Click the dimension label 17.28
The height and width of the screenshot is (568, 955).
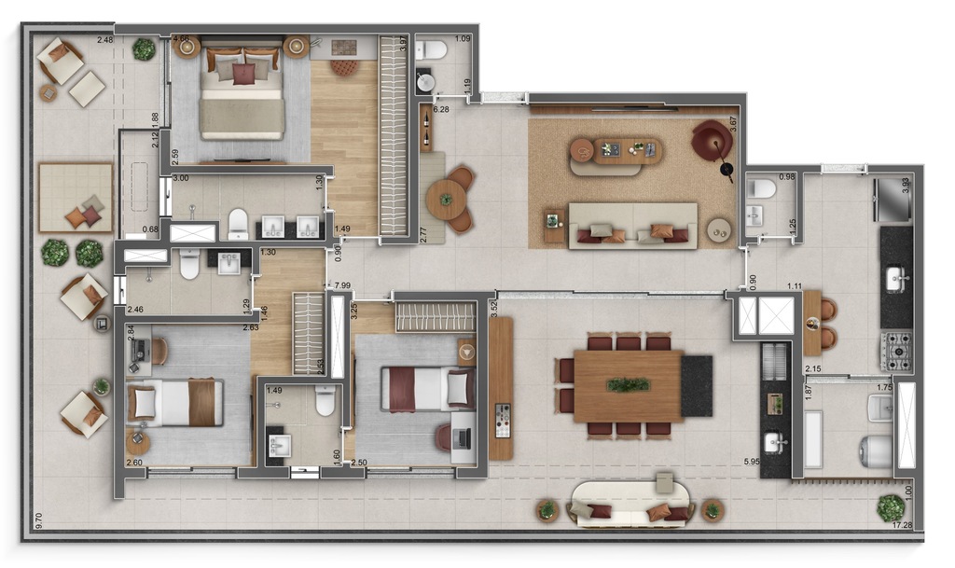pyautogui.click(x=901, y=526)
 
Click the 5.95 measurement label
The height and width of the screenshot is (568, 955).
pyautogui.click(x=752, y=462)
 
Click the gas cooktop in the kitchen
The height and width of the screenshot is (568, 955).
pyautogui.click(x=896, y=352)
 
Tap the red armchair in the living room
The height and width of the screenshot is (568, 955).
pyautogui.click(x=712, y=141)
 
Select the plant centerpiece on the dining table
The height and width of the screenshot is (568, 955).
pyautogui.click(x=628, y=384)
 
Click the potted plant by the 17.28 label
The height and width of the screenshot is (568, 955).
pyautogui.click(x=890, y=507)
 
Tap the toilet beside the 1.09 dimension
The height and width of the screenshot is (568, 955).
pyautogui.click(x=431, y=50)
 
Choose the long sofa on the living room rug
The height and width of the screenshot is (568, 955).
pyautogui.click(x=632, y=225)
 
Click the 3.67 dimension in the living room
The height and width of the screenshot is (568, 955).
pyautogui.click(x=733, y=125)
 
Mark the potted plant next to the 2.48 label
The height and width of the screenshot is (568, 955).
pyautogui.click(x=144, y=48)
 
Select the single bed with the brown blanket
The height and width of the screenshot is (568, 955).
pyautogui.click(x=174, y=402)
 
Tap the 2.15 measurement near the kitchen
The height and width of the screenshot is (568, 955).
pyautogui.click(x=813, y=370)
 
